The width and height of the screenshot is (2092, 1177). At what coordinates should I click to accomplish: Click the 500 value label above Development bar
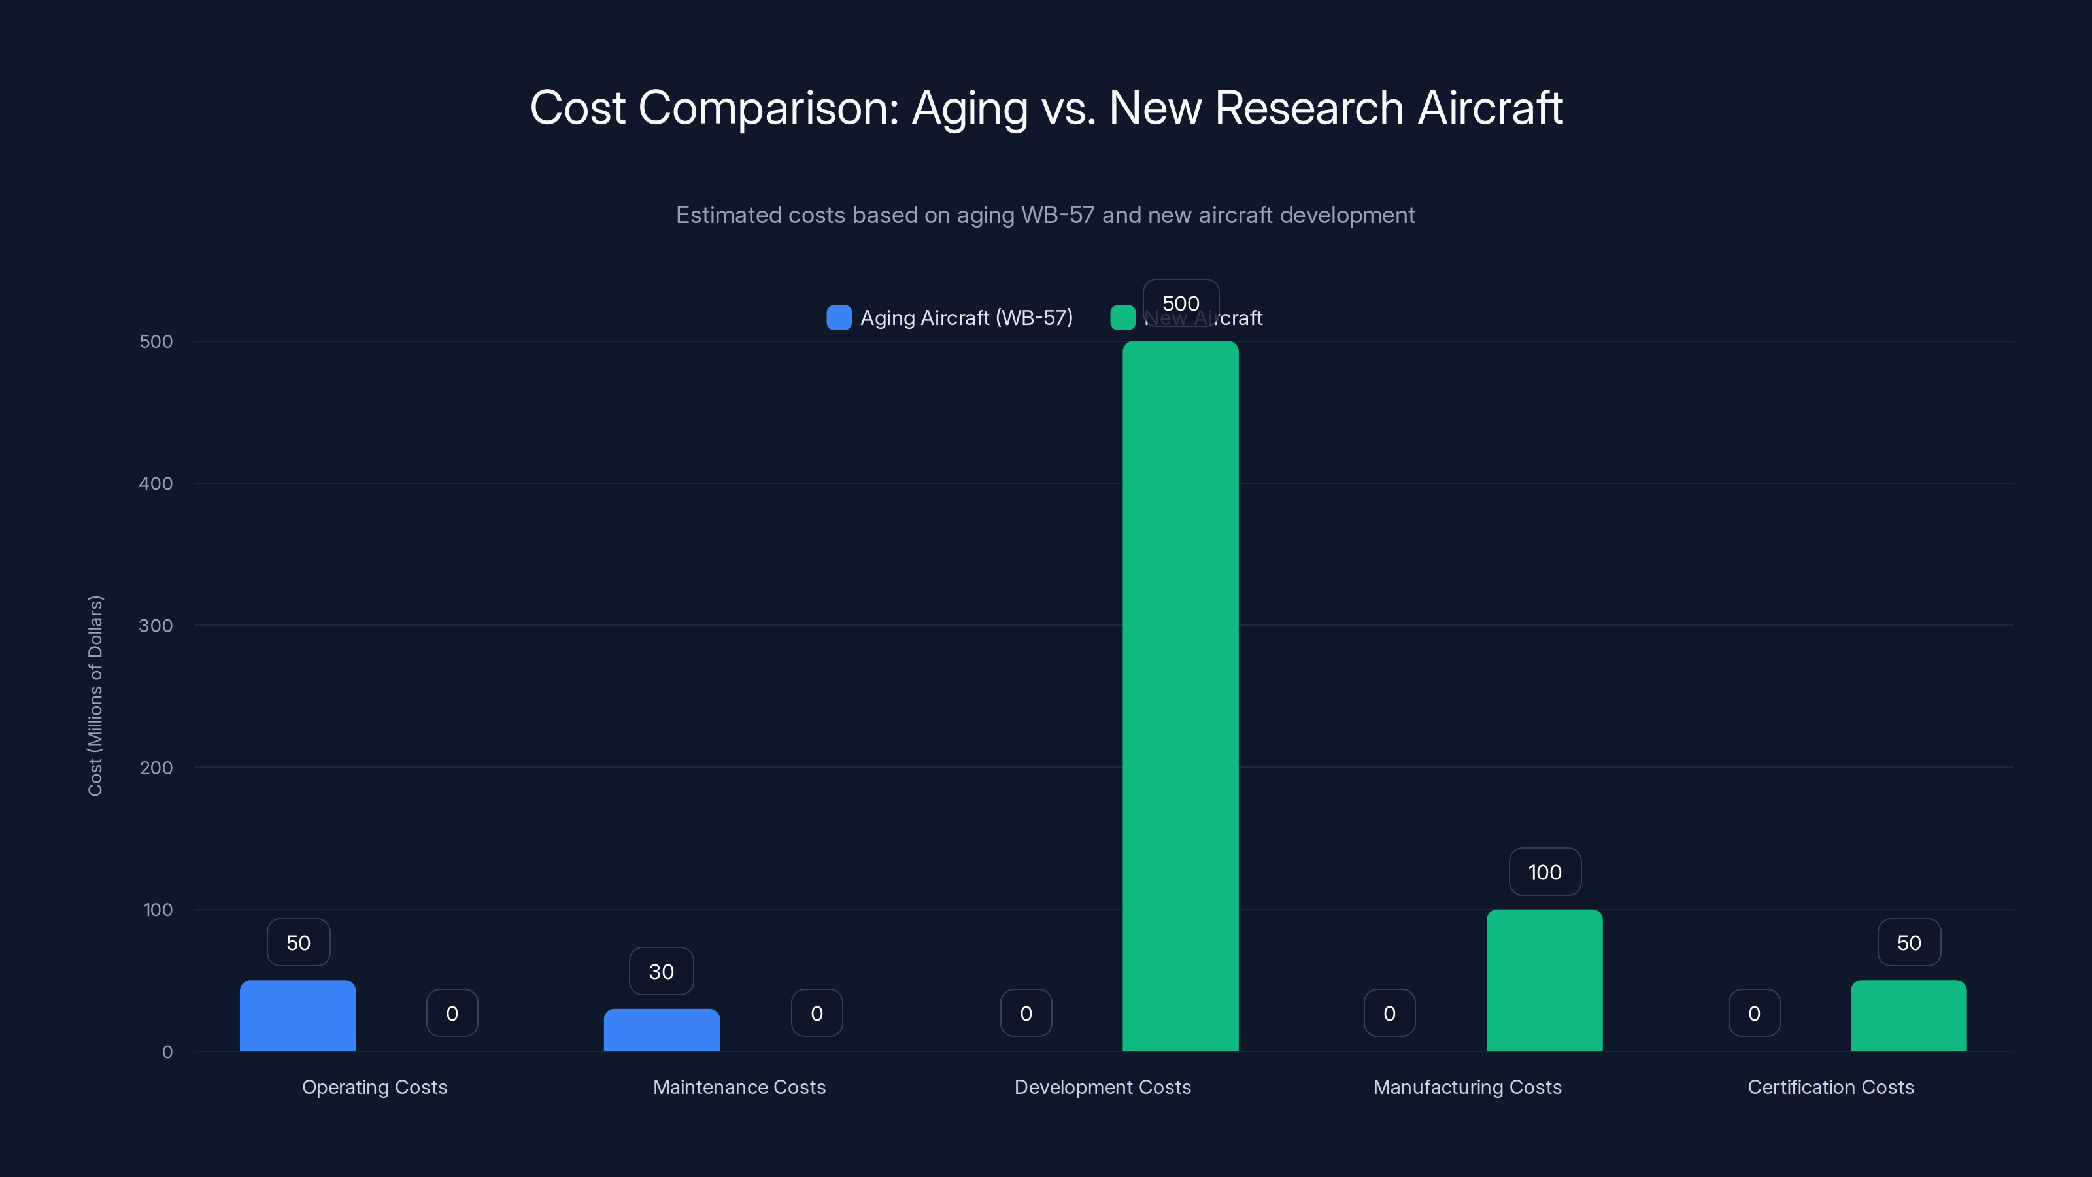point(1180,303)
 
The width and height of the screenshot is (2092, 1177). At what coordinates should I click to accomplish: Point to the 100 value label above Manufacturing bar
point(1544,872)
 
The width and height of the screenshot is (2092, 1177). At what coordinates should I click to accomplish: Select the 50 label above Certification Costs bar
point(1908,942)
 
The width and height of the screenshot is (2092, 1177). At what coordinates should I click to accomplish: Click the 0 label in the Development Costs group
point(1026,1013)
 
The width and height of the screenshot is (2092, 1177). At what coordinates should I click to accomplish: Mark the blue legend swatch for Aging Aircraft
point(839,318)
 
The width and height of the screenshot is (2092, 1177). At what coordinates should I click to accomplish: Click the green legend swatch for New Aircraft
point(1122,318)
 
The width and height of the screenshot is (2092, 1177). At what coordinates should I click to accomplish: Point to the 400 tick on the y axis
point(156,483)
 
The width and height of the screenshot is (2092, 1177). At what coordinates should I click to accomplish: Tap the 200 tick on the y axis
point(156,768)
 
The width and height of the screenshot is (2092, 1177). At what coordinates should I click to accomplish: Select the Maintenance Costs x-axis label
point(739,1087)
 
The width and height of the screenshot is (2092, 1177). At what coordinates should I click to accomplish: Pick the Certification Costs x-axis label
point(1831,1087)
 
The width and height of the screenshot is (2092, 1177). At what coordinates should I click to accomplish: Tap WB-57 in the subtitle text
point(1057,215)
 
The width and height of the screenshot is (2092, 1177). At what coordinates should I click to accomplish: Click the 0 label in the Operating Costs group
point(452,1013)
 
